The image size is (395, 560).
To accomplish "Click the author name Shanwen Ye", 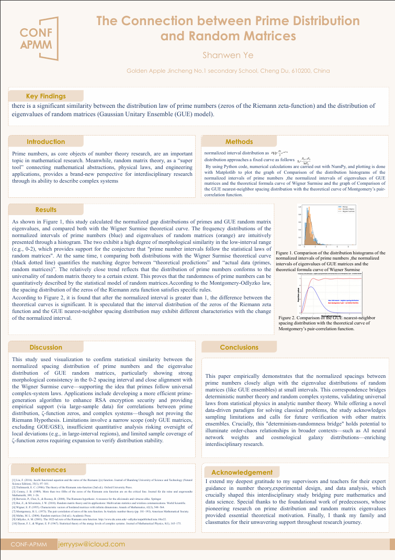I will [228, 55].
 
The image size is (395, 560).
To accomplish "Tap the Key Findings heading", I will [46, 96].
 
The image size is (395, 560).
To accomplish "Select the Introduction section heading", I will [46, 142].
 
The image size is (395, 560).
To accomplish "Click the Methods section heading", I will [239, 142].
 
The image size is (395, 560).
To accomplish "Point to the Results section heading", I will [46, 210].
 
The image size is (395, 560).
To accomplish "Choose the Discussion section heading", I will [46, 348].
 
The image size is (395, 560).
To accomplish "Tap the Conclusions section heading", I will [239, 348].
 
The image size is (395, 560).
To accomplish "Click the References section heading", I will [49, 469].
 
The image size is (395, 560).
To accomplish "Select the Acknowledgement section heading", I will [242, 472].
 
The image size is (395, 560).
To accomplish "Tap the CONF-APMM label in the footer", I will [29, 545].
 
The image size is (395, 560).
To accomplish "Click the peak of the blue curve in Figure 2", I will [306, 287].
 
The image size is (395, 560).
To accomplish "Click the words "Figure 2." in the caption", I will [289, 318].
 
